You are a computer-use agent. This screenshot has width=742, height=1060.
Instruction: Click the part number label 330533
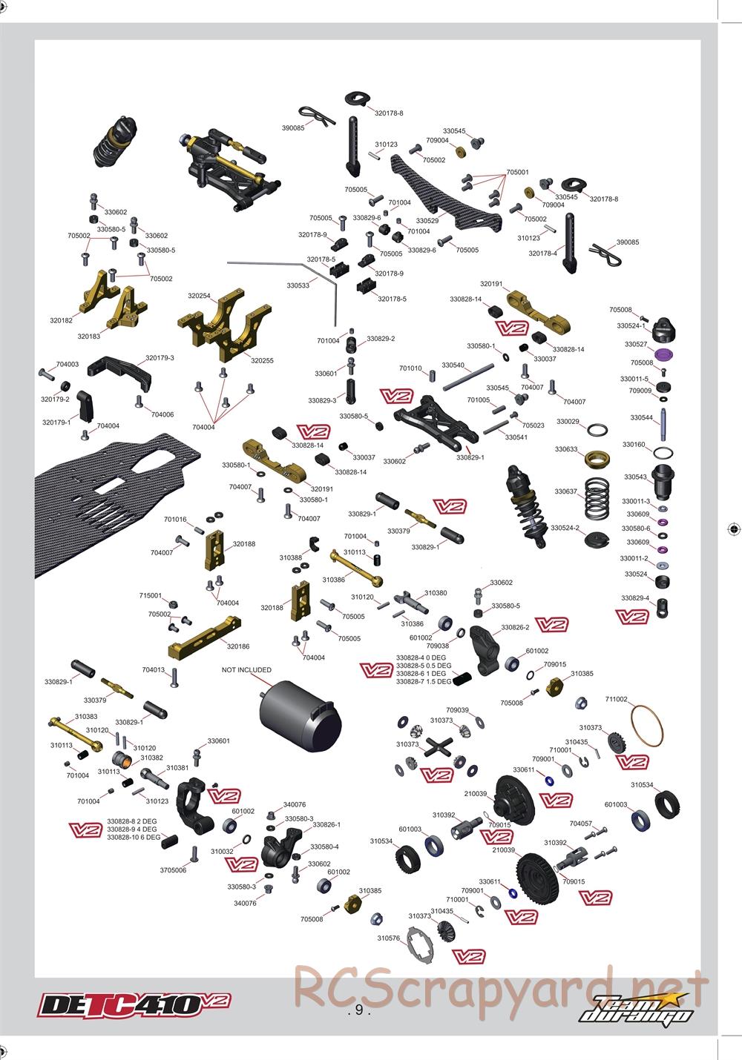click(298, 285)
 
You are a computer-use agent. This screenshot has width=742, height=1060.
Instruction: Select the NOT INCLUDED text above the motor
click(246, 669)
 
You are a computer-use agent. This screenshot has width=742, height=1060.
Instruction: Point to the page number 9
click(358, 1010)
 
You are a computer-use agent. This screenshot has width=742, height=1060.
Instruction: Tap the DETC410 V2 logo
click(134, 1004)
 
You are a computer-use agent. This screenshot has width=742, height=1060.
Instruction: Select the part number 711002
click(616, 699)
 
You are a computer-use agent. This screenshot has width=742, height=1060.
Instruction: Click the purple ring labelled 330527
click(664, 354)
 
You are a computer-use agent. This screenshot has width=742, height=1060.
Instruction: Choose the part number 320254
click(199, 296)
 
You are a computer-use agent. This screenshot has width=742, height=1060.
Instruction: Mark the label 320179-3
click(160, 358)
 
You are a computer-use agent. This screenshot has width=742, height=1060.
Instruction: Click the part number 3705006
click(173, 870)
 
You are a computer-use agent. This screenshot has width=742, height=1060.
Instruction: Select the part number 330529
click(427, 220)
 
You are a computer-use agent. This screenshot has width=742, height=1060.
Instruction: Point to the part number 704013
click(154, 669)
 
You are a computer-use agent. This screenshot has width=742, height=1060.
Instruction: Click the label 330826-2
click(515, 628)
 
